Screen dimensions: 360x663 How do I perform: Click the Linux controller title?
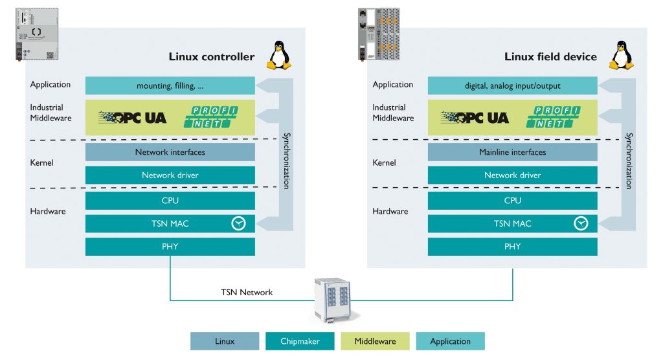tap(211, 57)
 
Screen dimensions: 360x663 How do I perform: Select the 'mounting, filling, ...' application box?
tap(170, 85)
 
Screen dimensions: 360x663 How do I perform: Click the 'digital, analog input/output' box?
tap(512, 85)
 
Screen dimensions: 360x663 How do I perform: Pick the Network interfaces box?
tap(170, 152)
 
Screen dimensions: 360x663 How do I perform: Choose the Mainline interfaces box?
tap(512, 152)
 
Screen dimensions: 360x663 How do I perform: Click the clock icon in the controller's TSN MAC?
tap(239, 223)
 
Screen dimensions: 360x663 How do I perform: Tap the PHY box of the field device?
tap(512, 247)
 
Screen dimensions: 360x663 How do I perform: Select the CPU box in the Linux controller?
tap(170, 201)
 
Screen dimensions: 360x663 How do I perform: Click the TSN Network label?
tap(247, 292)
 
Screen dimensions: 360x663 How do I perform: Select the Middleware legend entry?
tap(375, 341)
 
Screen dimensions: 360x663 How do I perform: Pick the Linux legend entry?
tap(225, 341)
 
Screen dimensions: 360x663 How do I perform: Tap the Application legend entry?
tap(450, 341)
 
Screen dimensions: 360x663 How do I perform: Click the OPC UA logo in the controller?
tap(133, 117)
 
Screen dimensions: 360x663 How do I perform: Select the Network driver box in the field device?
tap(512, 175)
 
